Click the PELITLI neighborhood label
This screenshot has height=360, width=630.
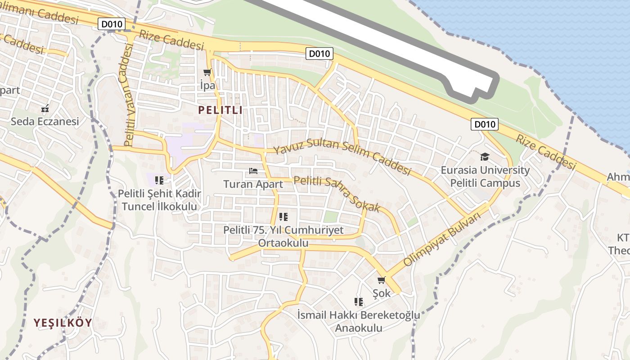click(x=220, y=110)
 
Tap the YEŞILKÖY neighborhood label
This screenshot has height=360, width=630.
click(x=63, y=323)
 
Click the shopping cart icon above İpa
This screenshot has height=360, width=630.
click(x=207, y=72)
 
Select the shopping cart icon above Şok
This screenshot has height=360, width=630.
click(x=381, y=280)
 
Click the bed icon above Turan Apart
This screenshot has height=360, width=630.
click(x=253, y=171)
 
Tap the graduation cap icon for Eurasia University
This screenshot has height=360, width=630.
click(x=485, y=157)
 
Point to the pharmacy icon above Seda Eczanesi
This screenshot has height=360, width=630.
click(x=45, y=108)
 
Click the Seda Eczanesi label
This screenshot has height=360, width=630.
click(x=45, y=121)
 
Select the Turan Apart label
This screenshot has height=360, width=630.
click(x=253, y=184)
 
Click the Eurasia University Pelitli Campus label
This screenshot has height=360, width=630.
click(x=485, y=177)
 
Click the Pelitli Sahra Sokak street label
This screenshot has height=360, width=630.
click(x=337, y=193)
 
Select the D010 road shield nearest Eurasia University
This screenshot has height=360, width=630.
click(x=485, y=124)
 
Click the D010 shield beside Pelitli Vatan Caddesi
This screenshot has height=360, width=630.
click(x=111, y=24)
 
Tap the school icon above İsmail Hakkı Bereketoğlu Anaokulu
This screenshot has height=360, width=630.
click(x=359, y=301)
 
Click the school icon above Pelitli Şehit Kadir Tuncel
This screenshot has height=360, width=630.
click(x=159, y=180)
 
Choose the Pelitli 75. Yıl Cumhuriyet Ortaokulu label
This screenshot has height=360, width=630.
click(x=283, y=236)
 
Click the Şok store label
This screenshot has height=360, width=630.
click(x=382, y=293)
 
